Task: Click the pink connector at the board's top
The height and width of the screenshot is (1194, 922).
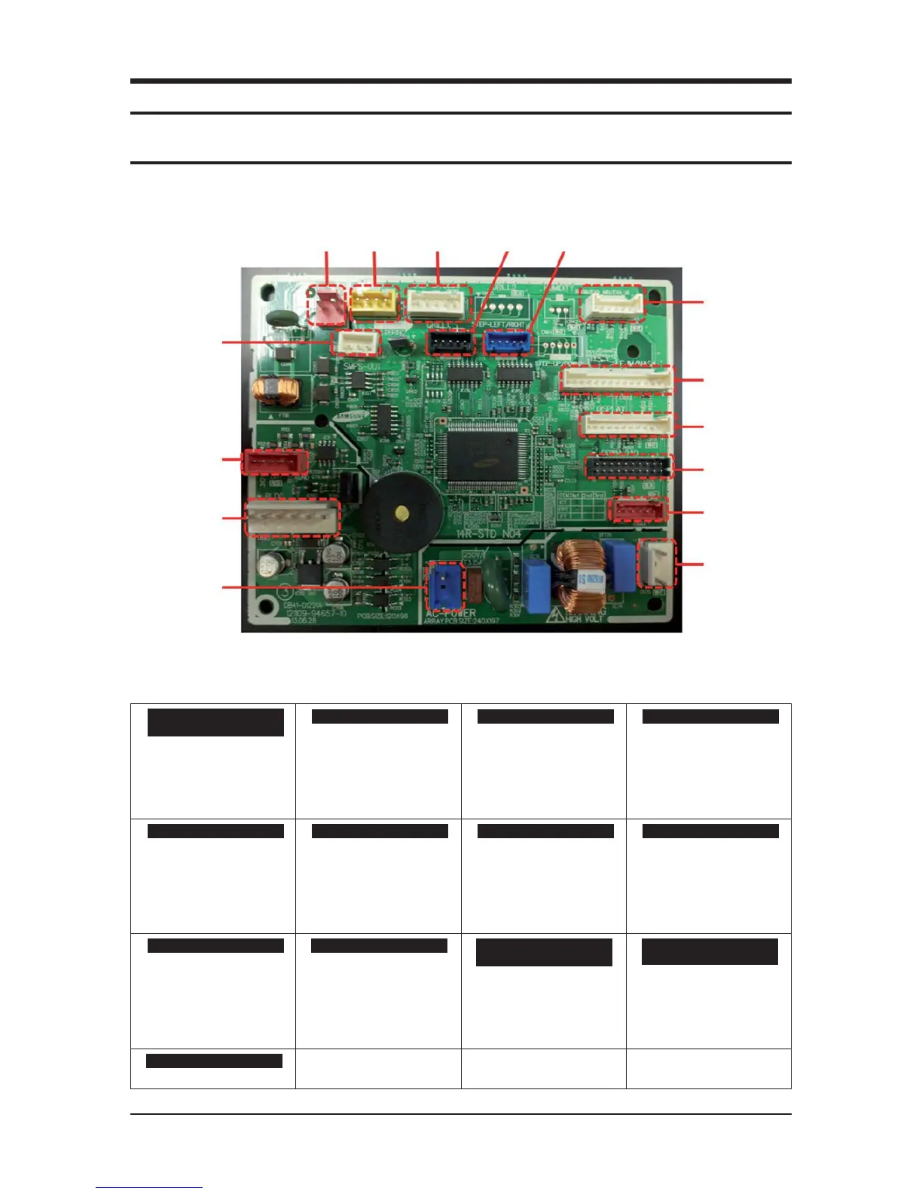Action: pos(327,305)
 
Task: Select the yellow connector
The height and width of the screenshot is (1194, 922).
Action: pos(374,303)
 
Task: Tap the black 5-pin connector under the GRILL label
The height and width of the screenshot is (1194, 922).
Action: pos(450,343)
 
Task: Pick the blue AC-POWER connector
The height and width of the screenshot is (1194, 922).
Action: pos(444,585)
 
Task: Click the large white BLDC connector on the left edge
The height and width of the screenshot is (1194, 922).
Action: pos(292,517)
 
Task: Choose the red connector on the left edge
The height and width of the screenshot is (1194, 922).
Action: pos(274,461)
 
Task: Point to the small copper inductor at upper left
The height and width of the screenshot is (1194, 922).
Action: pos(275,391)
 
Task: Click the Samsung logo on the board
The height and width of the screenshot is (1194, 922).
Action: pos(352,415)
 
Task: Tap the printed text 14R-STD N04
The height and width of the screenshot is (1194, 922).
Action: pos(488,534)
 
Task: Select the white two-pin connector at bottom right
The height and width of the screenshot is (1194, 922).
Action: pos(657,563)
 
